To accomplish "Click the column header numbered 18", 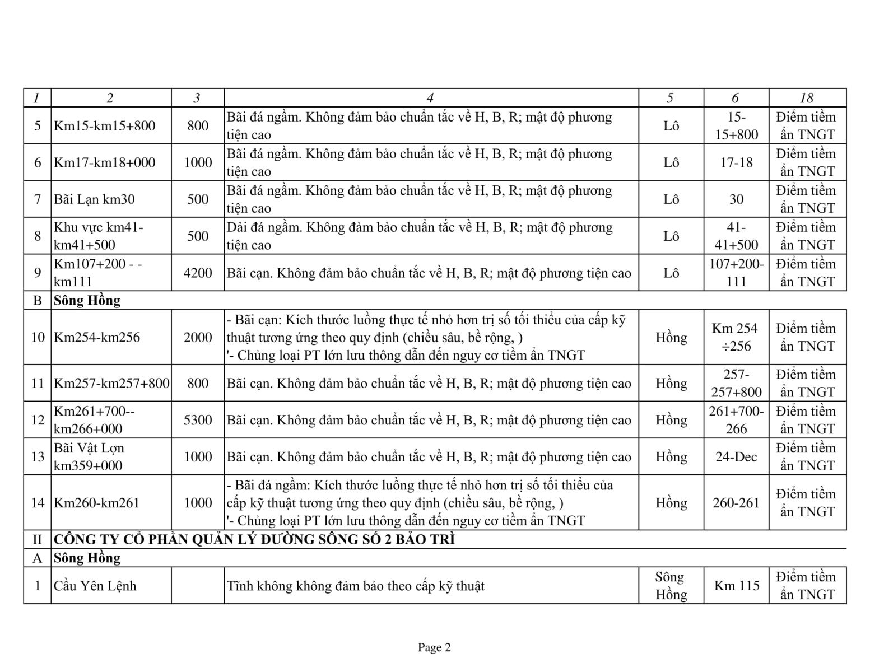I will coord(807,98).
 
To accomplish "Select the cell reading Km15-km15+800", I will coord(104,125).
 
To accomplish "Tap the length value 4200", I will coord(198,273).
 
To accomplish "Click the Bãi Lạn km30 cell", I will coord(94,199).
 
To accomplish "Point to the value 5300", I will coord(198,420).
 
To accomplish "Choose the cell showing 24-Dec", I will coord(736,457).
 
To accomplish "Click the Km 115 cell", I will coord(736,586).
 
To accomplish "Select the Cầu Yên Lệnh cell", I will coord(95,586).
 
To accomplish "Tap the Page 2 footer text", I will coord(434,648).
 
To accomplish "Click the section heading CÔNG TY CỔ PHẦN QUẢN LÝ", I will coord(254,539).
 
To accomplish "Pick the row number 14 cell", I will coord(38,503).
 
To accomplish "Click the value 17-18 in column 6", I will coord(736,162).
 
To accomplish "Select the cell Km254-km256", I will coord(97,337).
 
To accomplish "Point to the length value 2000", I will coord(198,337).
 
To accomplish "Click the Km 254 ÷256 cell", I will coord(736,337).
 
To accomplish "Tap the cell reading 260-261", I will coord(736,503).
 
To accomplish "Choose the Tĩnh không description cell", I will coord(355,586).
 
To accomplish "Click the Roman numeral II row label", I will coord(38,539).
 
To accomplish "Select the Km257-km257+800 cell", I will coord(111,383).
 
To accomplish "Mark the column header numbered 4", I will coord(430,98).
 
